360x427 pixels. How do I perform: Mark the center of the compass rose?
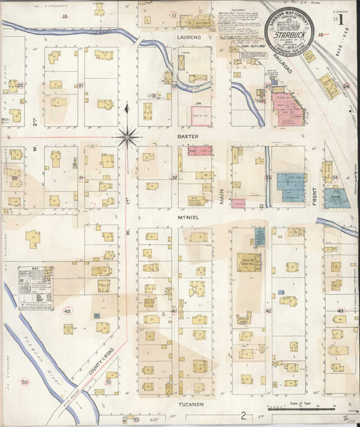pos(127,133)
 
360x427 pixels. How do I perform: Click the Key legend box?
pos(38,288)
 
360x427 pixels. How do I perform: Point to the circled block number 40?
pos(68,311)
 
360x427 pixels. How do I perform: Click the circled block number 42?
pos(268,311)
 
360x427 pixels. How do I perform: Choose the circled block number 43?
pos(341,311)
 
